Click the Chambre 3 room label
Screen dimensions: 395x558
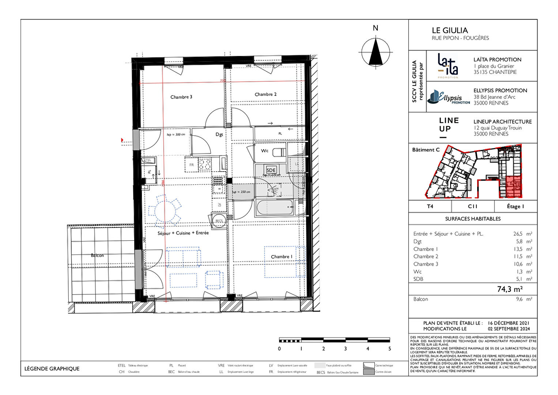point(181,97)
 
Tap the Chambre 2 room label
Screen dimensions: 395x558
point(265,94)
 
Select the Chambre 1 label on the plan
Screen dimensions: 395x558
point(282,257)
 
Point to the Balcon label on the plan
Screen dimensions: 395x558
point(97,255)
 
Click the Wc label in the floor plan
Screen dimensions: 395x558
point(265,151)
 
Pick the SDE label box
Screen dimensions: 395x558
point(271,170)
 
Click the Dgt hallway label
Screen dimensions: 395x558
point(219,134)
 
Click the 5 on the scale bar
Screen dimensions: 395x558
point(389,349)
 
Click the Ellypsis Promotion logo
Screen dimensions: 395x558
point(449,97)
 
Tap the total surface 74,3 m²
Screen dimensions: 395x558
point(510,289)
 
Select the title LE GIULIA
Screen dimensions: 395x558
point(450,30)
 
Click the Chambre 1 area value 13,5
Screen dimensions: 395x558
point(518,249)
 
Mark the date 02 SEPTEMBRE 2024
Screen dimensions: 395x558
point(509,329)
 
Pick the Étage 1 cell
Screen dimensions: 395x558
point(515,206)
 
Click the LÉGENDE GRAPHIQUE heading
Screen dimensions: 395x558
point(52,369)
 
